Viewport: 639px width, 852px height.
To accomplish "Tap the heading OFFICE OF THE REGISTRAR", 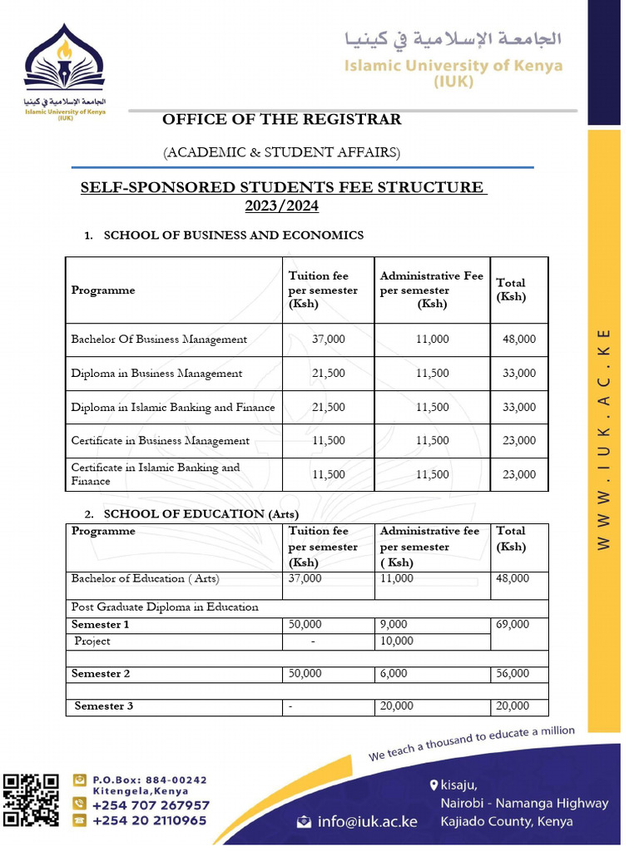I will (x=281, y=120).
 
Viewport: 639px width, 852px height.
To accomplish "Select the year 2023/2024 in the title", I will (x=281, y=206).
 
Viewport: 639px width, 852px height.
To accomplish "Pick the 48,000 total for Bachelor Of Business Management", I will (x=519, y=339).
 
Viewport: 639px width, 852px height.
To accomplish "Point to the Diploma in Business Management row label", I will (x=156, y=374).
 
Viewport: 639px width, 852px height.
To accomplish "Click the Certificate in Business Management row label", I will (x=160, y=441).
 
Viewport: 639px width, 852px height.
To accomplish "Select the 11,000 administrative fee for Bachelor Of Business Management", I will (x=432, y=339).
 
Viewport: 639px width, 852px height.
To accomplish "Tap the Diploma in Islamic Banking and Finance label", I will (x=172, y=408).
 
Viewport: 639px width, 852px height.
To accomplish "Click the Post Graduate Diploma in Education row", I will (x=165, y=607).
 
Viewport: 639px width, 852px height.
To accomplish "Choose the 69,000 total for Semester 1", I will (x=512, y=624).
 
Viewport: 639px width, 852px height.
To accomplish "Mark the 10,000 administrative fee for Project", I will (x=396, y=641).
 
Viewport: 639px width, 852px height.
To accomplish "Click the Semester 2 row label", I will (x=101, y=674).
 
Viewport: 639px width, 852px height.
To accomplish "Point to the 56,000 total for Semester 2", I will (x=512, y=674).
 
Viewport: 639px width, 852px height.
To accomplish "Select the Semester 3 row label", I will (x=104, y=706).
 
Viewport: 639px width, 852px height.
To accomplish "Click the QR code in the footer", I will (x=32, y=800).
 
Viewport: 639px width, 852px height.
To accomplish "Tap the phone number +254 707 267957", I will (x=151, y=805).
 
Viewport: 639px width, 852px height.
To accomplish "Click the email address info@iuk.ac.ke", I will (x=367, y=822).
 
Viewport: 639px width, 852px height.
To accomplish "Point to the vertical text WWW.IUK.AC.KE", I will (x=605, y=437).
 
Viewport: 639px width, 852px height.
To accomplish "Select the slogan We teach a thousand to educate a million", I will (x=472, y=743).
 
